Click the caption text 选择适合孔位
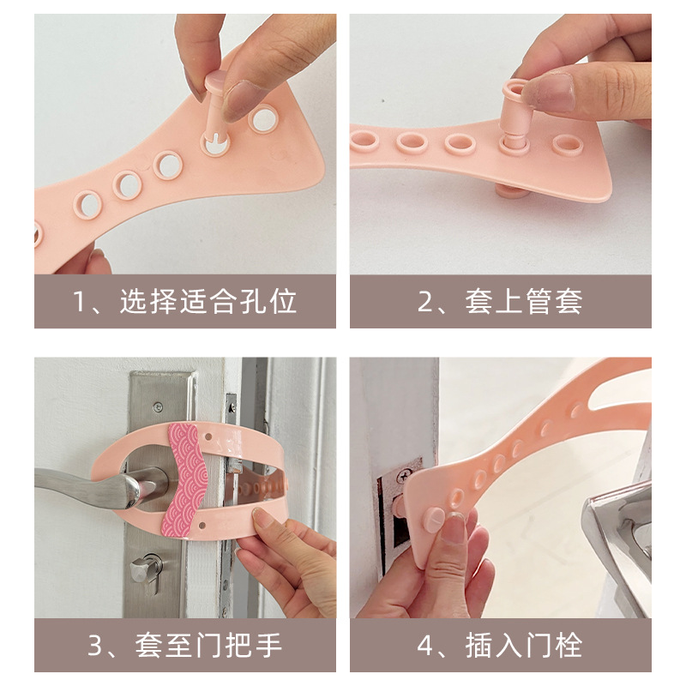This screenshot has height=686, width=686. (208, 302)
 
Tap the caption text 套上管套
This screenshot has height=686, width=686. (524, 302)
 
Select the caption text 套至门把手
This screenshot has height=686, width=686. (208, 646)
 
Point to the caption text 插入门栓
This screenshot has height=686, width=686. (524, 646)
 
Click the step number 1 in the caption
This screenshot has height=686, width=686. (80, 302)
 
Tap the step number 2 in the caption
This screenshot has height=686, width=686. (424, 302)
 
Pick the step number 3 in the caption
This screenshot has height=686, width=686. (95, 646)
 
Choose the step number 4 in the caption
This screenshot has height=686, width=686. (425, 646)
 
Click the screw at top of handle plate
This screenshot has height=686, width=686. (159, 406)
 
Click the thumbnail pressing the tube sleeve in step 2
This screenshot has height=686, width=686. (547, 92)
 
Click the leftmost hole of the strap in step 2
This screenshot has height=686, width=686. (364, 141)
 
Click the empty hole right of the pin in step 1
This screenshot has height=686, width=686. (264, 119)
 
